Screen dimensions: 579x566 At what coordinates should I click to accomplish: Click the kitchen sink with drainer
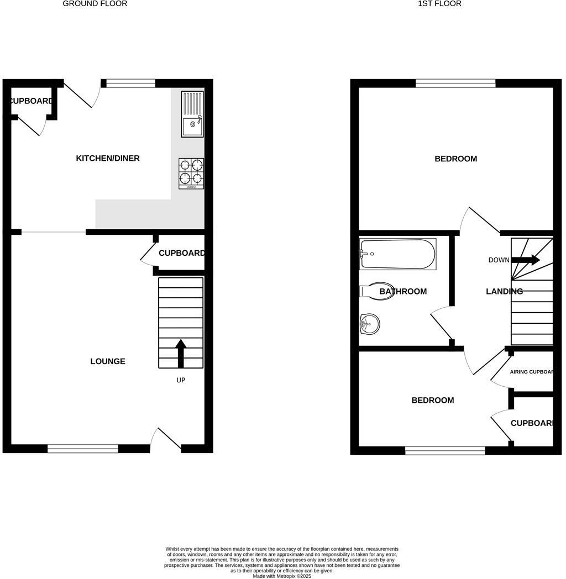(x=192, y=114)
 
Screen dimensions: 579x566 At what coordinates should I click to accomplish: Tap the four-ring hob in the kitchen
(x=191, y=173)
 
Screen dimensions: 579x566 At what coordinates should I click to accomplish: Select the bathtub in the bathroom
(x=397, y=254)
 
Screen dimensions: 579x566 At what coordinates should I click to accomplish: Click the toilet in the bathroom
(x=376, y=291)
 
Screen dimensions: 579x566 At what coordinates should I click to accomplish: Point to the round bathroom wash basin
(x=369, y=324)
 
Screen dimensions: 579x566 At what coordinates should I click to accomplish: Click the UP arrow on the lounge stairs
(x=181, y=353)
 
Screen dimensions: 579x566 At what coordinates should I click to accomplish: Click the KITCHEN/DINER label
(x=108, y=159)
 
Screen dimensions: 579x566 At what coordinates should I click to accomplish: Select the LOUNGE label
(x=108, y=361)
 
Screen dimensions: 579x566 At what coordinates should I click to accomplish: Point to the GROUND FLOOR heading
(x=95, y=4)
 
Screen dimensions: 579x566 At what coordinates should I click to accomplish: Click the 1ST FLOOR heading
(x=440, y=4)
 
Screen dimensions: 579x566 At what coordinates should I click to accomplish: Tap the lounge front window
(x=83, y=449)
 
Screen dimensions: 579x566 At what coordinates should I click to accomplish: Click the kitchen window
(x=130, y=83)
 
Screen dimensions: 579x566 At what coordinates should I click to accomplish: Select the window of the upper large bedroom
(x=455, y=83)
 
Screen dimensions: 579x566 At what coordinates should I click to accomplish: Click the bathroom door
(x=442, y=326)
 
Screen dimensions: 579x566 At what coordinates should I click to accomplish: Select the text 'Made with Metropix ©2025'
(x=282, y=576)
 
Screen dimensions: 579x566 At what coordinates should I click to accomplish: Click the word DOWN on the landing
(x=499, y=260)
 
